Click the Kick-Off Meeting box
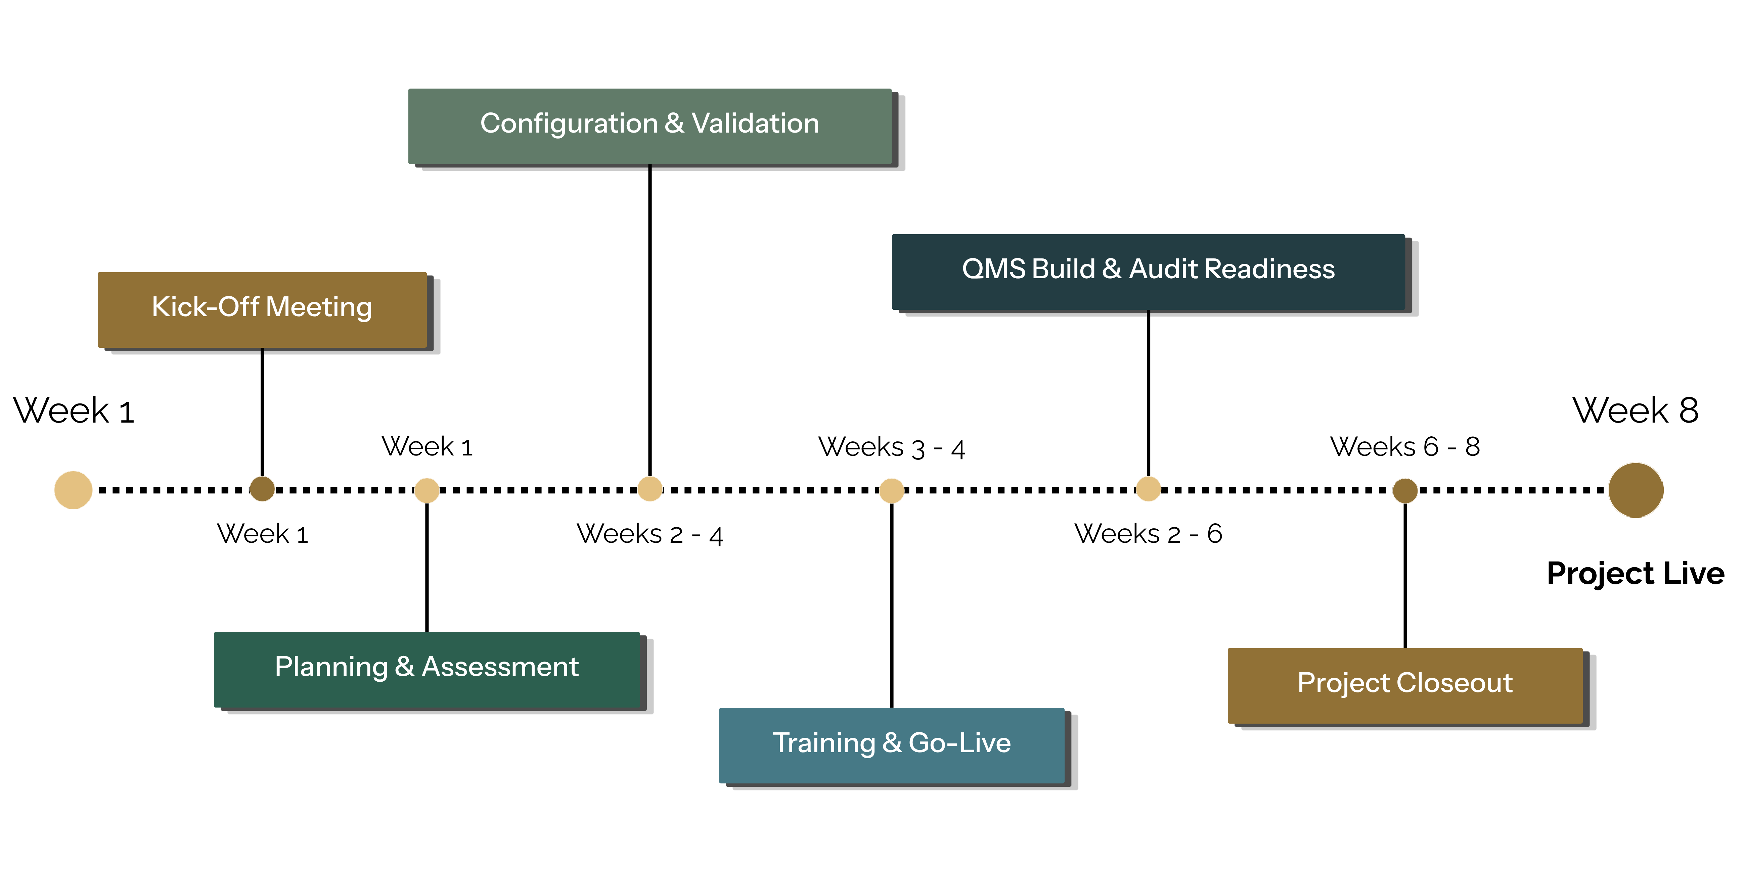point(262,310)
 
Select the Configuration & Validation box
point(650,127)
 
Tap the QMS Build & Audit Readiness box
point(1148,272)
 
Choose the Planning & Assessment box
point(427,670)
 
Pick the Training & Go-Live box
point(891,745)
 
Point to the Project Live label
point(1635,573)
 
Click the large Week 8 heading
point(1635,410)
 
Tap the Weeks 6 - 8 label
point(1405,447)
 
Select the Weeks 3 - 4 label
point(891,447)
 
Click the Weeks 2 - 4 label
point(650,534)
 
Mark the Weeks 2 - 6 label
point(1148,533)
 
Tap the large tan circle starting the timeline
point(73,490)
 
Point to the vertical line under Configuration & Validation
point(650,320)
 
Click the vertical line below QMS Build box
point(1148,393)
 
